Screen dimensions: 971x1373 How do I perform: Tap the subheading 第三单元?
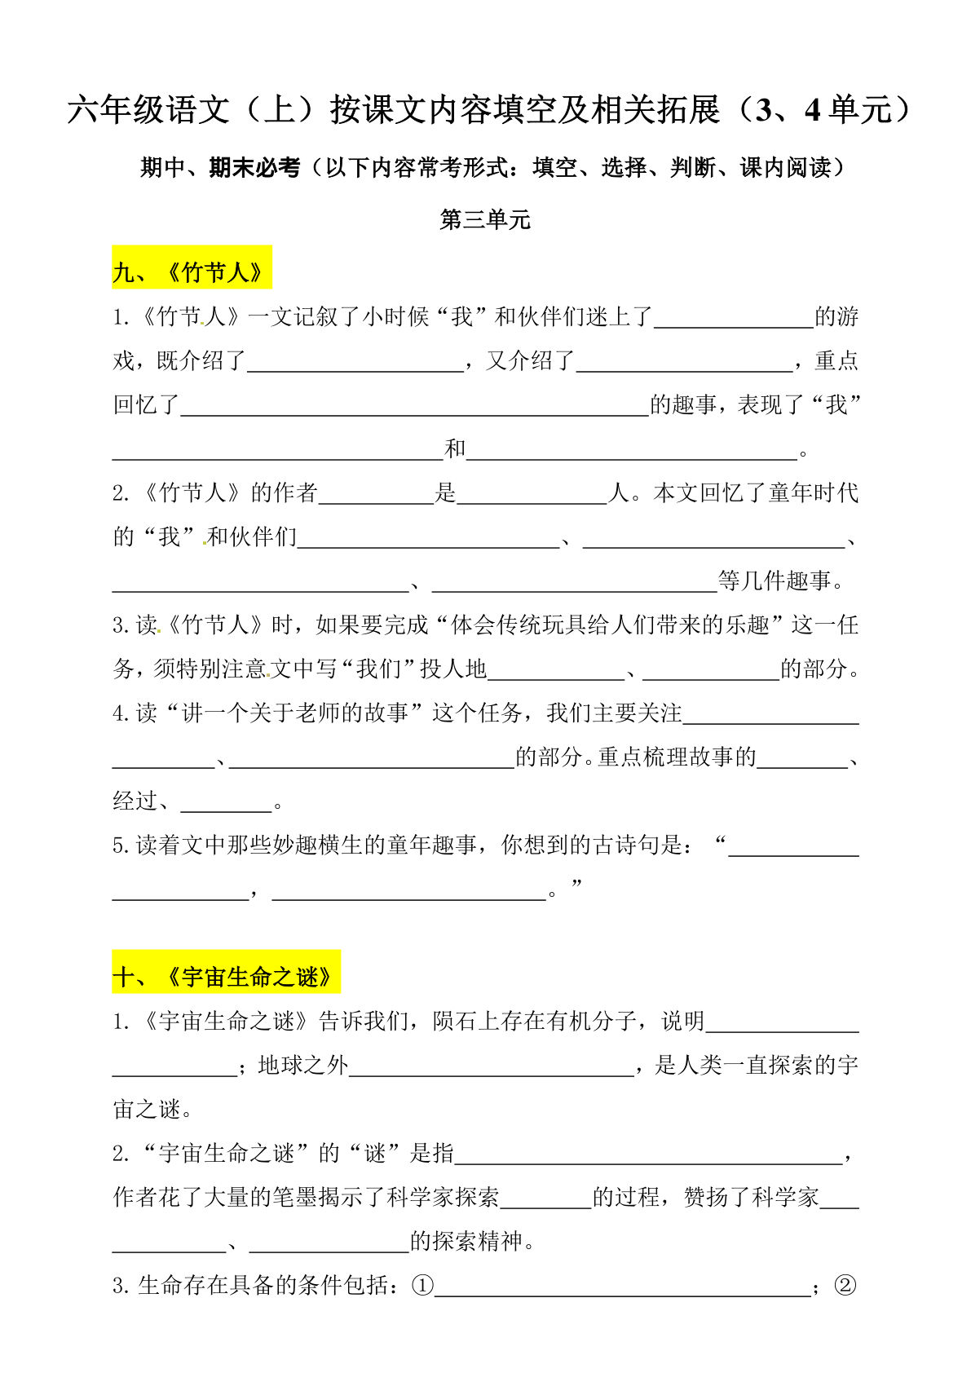tap(485, 219)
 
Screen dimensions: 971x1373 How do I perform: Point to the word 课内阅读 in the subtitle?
tap(786, 168)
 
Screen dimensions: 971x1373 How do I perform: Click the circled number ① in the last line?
tap(422, 1286)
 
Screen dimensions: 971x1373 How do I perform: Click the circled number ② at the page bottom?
tap(845, 1286)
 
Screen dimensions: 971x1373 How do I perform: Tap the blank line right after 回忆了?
tap(414, 405)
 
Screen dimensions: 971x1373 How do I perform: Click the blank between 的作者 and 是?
tap(376, 493)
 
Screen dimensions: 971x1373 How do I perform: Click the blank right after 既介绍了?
tap(355, 361)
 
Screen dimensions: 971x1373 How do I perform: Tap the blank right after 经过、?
tap(226, 801)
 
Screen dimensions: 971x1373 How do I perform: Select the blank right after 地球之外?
tap(492, 1066)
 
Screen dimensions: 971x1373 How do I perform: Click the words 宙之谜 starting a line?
tap(147, 1110)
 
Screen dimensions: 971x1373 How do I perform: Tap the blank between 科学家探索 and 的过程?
tap(546, 1198)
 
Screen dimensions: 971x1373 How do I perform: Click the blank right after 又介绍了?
tap(684, 361)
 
